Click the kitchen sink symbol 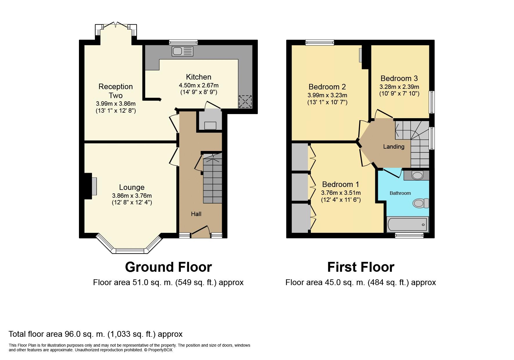pyautogui.click(x=182, y=51)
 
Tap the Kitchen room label pyautogui.click(x=199, y=77)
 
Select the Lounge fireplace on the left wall pyautogui.click(x=94, y=186)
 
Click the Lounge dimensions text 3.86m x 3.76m pyautogui.click(x=132, y=196)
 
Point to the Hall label pyautogui.click(x=196, y=214)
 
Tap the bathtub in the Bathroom pyautogui.click(x=407, y=224)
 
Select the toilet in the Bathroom pyautogui.click(x=421, y=203)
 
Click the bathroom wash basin pyautogui.click(x=417, y=175)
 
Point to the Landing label pyautogui.click(x=394, y=147)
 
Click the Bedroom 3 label pyautogui.click(x=399, y=78)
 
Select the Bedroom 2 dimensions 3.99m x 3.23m pyautogui.click(x=327, y=95)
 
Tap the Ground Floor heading pyautogui.click(x=168, y=267)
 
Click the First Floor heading pyautogui.click(x=360, y=267)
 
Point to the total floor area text pyautogui.click(x=95, y=334)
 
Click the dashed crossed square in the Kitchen pyautogui.click(x=245, y=102)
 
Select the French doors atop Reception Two pyautogui.click(x=116, y=26)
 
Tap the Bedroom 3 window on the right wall pyautogui.click(x=432, y=102)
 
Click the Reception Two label pyautogui.click(x=116, y=91)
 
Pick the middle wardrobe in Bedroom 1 pyautogui.click(x=300, y=186)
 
